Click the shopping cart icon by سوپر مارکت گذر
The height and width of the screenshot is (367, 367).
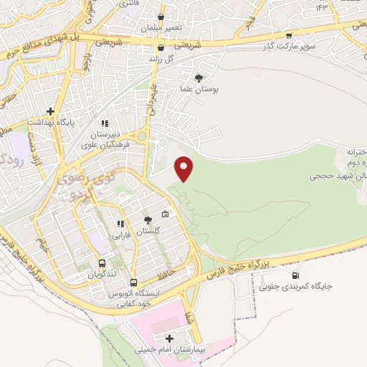click(x=288, y=34)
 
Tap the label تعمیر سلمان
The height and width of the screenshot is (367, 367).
click(x=161, y=27)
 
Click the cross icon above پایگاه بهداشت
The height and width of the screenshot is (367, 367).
click(x=50, y=111)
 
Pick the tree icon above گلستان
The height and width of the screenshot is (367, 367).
click(x=148, y=220)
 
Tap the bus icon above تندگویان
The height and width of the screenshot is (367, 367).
click(x=102, y=263)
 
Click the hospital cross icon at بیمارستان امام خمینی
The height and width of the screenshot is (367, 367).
click(x=169, y=338)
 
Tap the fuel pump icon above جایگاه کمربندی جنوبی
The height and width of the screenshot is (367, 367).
click(x=295, y=275)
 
